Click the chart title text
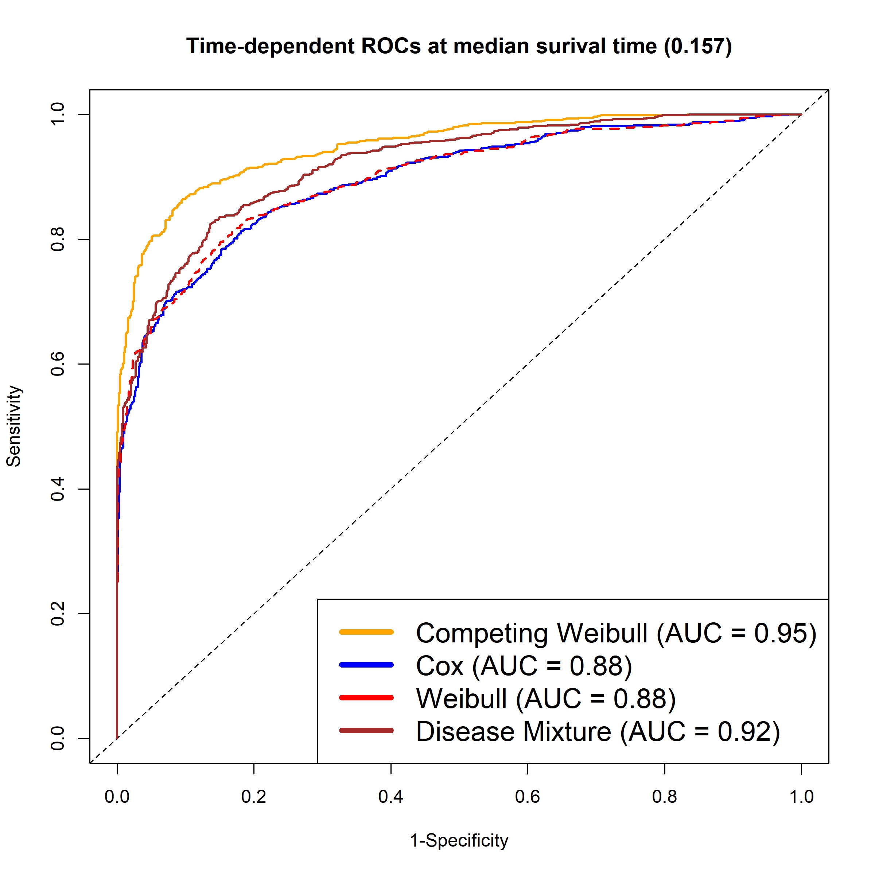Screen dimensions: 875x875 click(459, 46)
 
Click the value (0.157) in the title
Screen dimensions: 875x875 click(698, 46)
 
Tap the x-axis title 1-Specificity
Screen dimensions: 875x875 click(459, 841)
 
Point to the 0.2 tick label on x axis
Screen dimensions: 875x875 click(254, 797)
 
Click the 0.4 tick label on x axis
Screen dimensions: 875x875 click(391, 797)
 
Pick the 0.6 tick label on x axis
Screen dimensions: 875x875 click(528, 797)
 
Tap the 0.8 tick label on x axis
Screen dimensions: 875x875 click(664, 797)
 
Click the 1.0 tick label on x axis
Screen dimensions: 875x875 click(802, 797)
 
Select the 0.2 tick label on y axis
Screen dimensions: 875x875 click(58, 614)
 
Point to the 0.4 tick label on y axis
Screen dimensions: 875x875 click(58, 489)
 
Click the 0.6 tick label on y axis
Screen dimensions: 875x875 click(58, 364)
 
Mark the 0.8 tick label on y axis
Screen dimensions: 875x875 click(58, 239)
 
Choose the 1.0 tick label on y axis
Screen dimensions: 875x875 click(58, 114)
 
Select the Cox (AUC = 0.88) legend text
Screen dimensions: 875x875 click(524, 666)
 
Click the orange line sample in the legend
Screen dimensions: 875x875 click(366, 632)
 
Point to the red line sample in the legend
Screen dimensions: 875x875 click(366, 697)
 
